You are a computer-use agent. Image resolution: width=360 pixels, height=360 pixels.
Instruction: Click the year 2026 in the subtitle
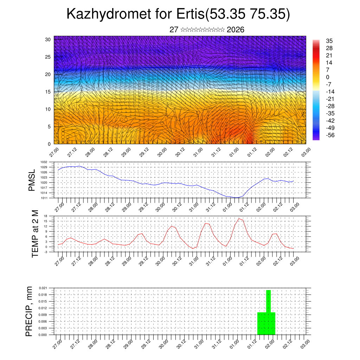coord(236,30)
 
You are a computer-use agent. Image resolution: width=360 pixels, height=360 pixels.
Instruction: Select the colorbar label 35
coord(329,41)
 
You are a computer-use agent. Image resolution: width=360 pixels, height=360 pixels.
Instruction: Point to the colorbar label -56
coord(330,135)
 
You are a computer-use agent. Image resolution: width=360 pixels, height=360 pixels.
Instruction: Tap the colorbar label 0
coord(328,77)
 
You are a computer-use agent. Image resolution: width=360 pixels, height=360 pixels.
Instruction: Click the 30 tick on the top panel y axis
coord(48,39)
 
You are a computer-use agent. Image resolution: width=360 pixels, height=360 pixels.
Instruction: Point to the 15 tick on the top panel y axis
coord(48,92)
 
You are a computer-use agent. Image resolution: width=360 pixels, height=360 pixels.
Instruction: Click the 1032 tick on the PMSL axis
coord(44,162)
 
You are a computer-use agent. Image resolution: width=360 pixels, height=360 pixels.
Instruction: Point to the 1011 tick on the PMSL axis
coord(44,198)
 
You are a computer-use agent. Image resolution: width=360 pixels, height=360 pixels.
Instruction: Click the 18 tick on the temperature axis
coord(46,216)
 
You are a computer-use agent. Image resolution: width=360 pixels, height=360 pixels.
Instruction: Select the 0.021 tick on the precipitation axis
coord(43,288)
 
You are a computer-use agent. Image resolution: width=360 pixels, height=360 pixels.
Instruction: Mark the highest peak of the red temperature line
coord(239,219)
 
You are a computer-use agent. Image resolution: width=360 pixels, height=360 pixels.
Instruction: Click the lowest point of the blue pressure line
coord(237,198)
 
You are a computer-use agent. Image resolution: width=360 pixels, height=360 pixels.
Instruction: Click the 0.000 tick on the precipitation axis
coord(43,335)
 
